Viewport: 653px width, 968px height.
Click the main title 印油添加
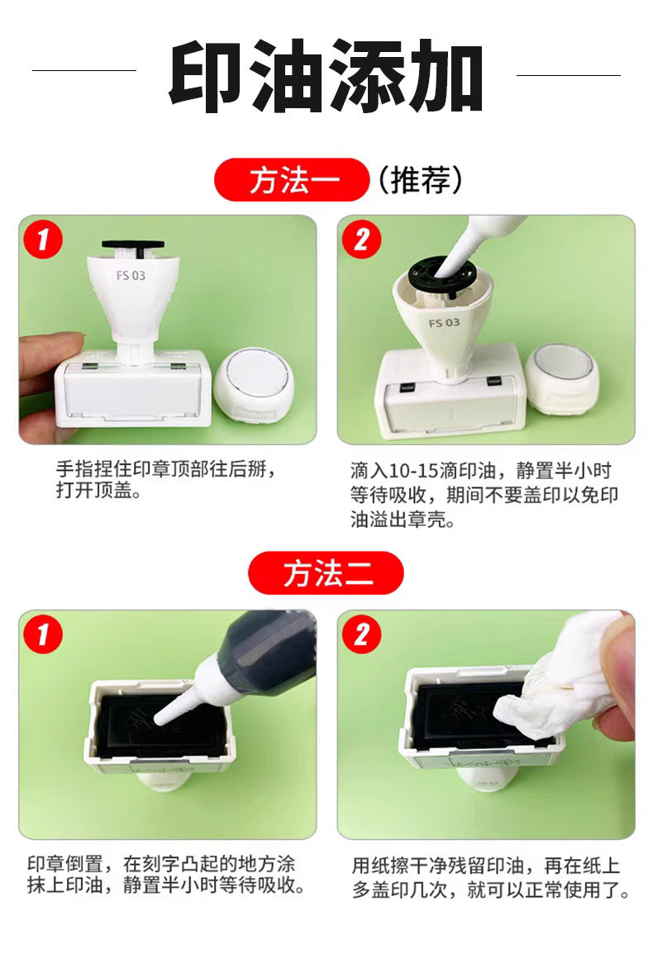326,75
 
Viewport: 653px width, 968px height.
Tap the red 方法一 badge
292,180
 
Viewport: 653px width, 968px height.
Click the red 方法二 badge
326,573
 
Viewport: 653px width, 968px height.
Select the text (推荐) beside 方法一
419,180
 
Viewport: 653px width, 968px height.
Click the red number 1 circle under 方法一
43,240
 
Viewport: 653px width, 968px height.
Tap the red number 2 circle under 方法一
361,240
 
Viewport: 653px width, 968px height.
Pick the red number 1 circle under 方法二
43,634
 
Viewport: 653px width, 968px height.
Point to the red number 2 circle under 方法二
361,634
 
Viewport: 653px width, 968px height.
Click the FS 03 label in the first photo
131,276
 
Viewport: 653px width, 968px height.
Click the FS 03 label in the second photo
444,323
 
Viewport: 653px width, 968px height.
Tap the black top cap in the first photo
133,245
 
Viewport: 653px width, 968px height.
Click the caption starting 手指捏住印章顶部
166,479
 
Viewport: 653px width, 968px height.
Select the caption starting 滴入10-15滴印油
484,495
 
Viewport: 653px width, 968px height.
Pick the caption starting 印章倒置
165,875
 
